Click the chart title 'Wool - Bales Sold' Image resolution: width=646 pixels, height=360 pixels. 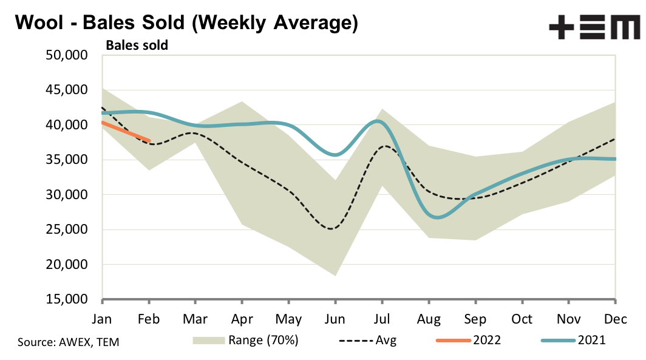(x=186, y=22)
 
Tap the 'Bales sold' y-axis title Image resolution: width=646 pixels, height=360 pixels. (x=137, y=44)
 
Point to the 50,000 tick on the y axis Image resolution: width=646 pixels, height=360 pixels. (x=67, y=55)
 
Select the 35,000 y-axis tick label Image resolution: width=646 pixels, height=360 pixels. (x=67, y=160)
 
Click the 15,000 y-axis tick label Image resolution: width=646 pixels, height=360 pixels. (x=67, y=300)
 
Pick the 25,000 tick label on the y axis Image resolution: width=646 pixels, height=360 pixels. (x=67, y=230)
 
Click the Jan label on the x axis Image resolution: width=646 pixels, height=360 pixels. (x=103, y=319)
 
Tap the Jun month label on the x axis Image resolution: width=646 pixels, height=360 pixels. (x=335, y=319)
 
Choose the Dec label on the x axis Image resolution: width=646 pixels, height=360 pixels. (x=615, y=319)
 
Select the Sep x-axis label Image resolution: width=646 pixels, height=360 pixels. (x=475, y=319)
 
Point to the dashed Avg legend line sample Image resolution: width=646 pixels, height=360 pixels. (x=352, y=341)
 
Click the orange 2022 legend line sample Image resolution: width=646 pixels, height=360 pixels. (x=454, y=341)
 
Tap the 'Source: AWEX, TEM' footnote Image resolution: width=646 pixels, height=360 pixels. (x=69, y=342)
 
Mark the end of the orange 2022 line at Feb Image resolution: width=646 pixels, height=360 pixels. (x=149, y=140)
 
